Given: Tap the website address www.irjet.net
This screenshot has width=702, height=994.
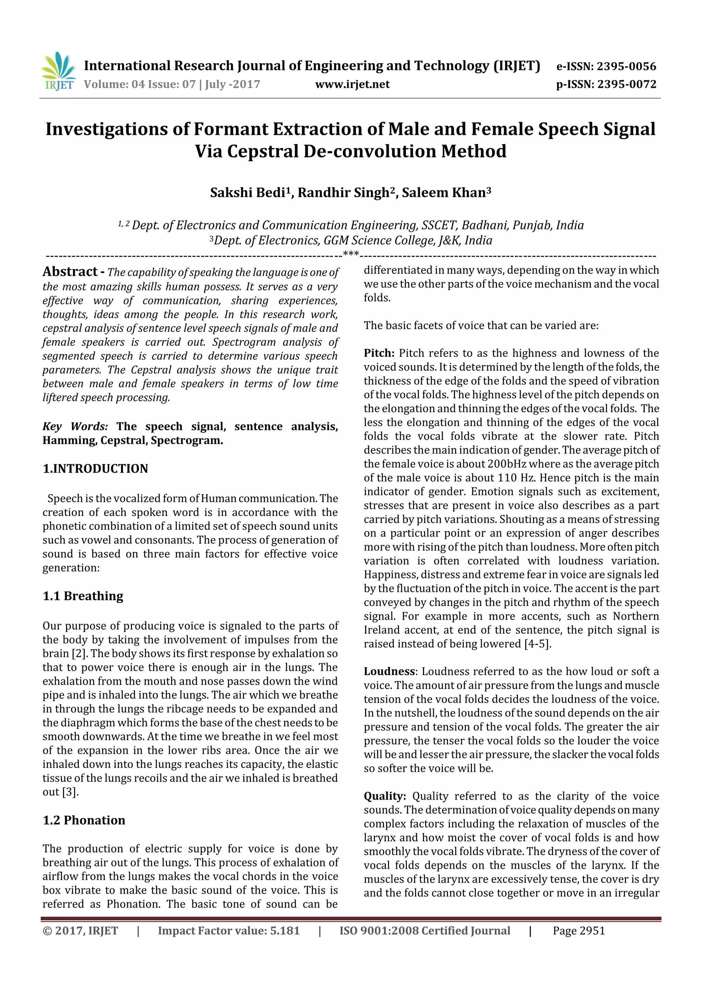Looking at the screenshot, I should [x=352, y=84].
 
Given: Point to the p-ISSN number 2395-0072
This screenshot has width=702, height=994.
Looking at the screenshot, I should [x=627, y=84].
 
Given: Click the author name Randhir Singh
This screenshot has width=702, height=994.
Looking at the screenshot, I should [x=343, y=192].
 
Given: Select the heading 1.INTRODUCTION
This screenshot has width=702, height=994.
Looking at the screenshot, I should [x=95, y=468].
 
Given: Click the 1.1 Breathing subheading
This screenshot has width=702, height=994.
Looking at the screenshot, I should [x=83, y=596].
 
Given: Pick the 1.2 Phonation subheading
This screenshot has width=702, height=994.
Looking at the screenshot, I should [x=84, y=820].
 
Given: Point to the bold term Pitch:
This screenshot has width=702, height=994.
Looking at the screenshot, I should [x=379, y=353].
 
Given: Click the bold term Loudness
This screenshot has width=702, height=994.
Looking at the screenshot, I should [x=389, y=671].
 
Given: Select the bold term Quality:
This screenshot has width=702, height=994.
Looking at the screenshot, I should [x=385, y=796].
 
